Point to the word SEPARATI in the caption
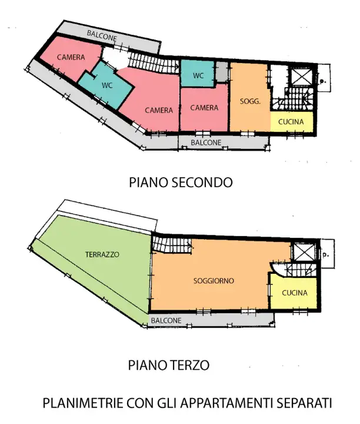pyautogui.click(x=305, y=404)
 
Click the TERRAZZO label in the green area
pyautogui.click(x=102, y=255)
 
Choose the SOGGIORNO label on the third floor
pyautogui.click(x=214, y=281)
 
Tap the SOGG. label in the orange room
pyautogui.click(x=251, y=101)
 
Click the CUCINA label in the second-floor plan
pyautogui.click(x=292, y=122)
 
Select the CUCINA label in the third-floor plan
pyautogui.click(x=294, y=293)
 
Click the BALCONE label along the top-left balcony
pyautogui.click(x=102, y=35)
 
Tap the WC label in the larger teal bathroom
pyautogui.click(x=107, y=85)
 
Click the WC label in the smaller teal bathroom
pyautogui.click(x=198, y=75)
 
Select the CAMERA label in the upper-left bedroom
pyautogui.click(x=71, y=57)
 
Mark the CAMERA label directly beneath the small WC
pyautogui.click(x=204, y=108)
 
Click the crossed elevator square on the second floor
pyautogui.click(x=301, y=78)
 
